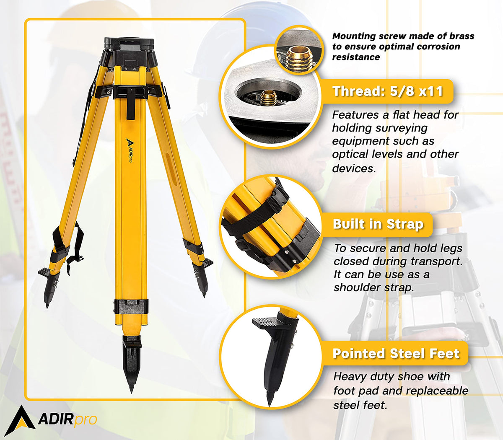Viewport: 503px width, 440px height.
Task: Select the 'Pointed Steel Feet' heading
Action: coord(396,354)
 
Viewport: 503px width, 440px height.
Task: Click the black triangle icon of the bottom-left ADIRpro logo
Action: coord(20,421)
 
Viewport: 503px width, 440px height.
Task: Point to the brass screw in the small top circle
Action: coord(297,57)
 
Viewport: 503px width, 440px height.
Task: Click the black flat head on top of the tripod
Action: coord(129,44)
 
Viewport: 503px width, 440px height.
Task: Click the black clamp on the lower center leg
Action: coord(131,306)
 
